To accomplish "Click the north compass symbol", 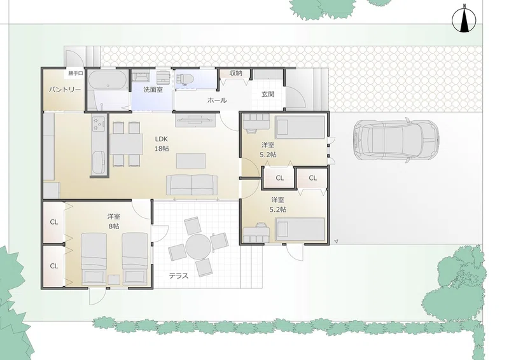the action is [x=464, y=20].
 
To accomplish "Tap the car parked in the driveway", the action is [x=396, y=140].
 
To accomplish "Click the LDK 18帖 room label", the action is [x=162, y=144].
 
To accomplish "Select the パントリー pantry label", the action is [x=65, y=90].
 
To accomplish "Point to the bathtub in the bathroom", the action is [x=108, y=80].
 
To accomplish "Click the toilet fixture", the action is [x=185, y=80].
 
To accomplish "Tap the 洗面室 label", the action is [x=153, y=90].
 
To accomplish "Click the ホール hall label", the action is [x=217, y=100].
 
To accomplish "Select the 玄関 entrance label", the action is [x=268, y=94].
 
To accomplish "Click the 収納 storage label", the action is [x=235, y=73].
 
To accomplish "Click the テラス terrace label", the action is [x=179, y=276].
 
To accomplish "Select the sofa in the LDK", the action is [x=192, y=185].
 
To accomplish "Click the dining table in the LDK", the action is [x=126, y=144].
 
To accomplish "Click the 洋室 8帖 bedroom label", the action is [x=114, y=221].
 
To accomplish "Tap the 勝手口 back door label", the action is [x=76, y=74].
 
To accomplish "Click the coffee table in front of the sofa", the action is [x=191, y=161].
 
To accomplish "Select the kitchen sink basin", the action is [x=99, y=163].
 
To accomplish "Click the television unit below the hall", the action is [x=195, y=120].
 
